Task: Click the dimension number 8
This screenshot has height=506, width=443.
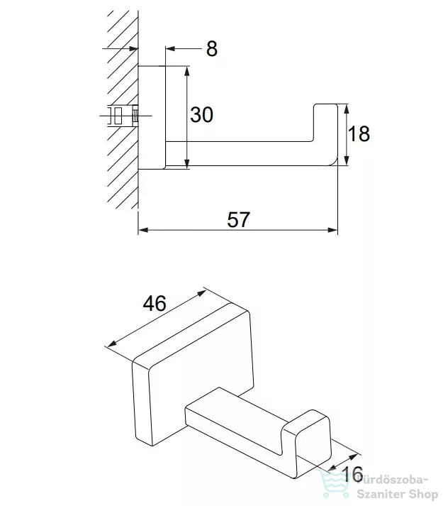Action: pos(212,49)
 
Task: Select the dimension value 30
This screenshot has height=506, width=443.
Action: pos(201,114)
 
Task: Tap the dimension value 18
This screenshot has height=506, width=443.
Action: pos(359,133)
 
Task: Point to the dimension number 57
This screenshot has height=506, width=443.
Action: pos(238,220)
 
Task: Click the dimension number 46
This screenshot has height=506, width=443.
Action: pos(155,303)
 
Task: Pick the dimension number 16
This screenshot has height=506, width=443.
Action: pos(352,474)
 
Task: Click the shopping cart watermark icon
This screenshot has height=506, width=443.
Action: pos(334,484)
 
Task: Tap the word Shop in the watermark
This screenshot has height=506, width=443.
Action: pos(422,495)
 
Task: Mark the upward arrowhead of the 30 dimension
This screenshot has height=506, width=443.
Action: pos(186,71)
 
